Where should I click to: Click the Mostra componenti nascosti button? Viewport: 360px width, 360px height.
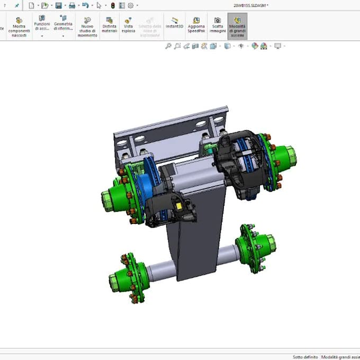click(19, 26)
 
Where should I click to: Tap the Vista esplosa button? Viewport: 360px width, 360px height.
click(128, 25)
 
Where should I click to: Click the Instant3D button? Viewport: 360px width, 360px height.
click(174, 23)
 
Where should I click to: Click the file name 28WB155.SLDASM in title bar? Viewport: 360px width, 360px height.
click(250, 5)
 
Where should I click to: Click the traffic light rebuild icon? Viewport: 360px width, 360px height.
click(112, 5)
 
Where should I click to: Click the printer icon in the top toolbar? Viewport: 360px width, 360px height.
click(71, 5)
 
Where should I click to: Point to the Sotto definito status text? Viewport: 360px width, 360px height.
click(305, 357)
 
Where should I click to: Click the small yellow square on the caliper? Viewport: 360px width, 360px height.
click(181, 206)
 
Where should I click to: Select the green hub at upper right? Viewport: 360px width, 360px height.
click(286, 157)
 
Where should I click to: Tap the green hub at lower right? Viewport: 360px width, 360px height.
click(260, 246)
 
